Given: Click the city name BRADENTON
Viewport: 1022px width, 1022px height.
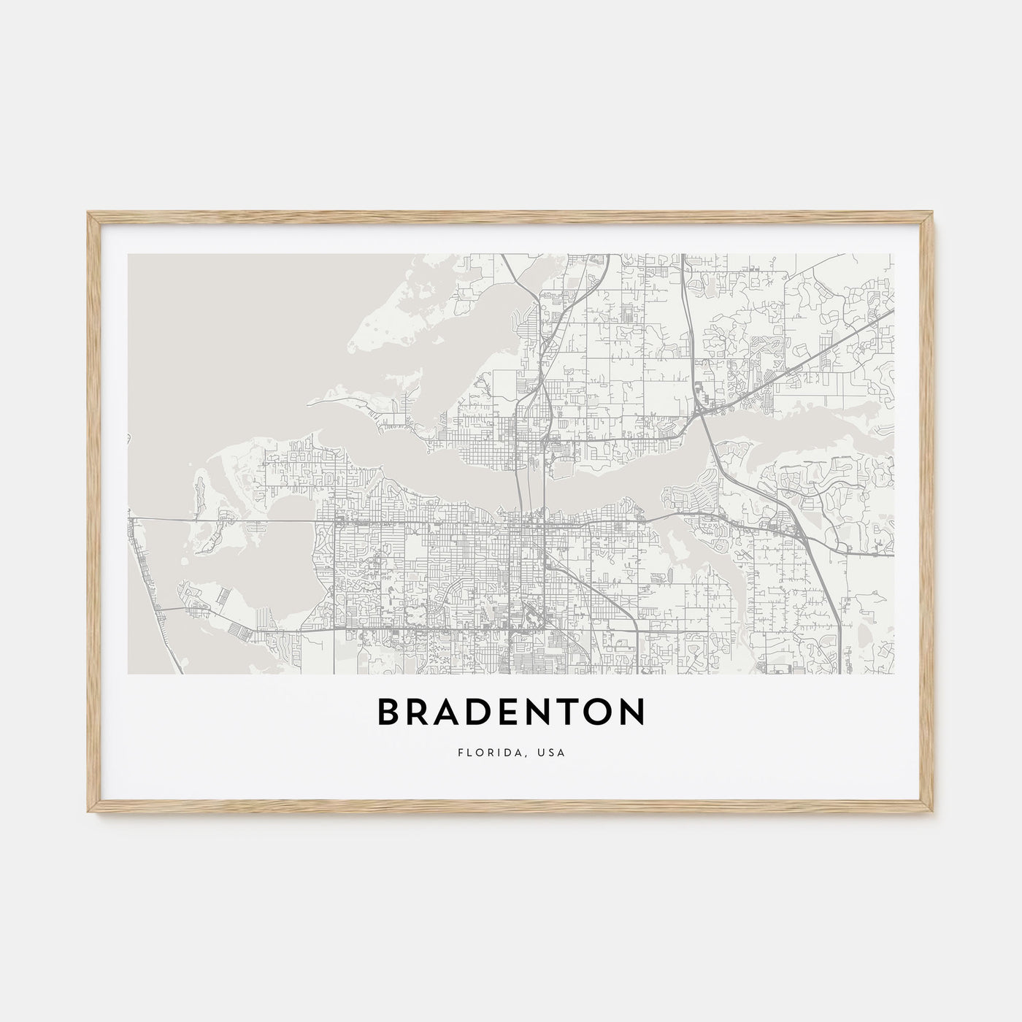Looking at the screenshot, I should pyautogui.click(x=511, y=713).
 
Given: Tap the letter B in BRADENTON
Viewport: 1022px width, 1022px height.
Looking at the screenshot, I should pyautogui.click(x=389, y=713).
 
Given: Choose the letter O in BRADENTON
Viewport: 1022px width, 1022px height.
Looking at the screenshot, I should pyautogui.click(x=600, y=713).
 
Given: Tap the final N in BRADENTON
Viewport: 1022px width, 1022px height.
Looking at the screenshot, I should pyautogui.click(x=634, y=713).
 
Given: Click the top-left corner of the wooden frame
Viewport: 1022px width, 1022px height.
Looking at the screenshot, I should pyautogui.click(x=88, y=212).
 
